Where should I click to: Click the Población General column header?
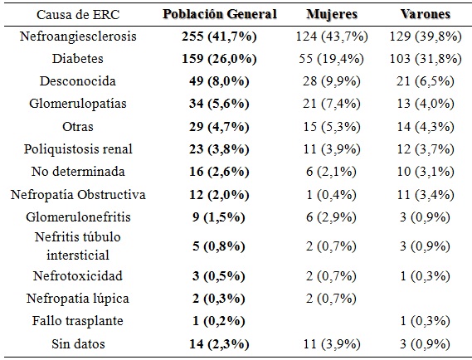(x=220, y=14)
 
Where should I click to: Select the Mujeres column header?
(x=332, y=14)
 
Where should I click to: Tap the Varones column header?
(x=425, y=14)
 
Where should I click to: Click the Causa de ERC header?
(x=78, y=14)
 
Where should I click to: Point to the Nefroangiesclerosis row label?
(x=78, y=36)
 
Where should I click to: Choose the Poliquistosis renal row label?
(x=78, y=149)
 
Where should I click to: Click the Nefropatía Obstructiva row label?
(x=78, y=194)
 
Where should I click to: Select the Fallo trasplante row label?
(x=78, y=320)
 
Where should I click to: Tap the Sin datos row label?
(x=78, y=343)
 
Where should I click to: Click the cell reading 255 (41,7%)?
(x=219, y=36)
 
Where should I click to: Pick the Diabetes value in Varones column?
(x=426, y=59)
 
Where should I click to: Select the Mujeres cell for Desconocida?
(x=332, y=81)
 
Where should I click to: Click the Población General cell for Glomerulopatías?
(x=219, y=104)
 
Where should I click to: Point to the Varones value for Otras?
(x=426, y=126)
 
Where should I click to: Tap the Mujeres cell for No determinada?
(x=332, y=172)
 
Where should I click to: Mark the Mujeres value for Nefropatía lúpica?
(x=332, y=299)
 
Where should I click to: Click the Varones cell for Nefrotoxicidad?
(x=425, y=276)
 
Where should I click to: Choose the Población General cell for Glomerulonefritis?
(x=219, y=217)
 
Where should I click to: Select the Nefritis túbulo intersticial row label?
(x=78, y=246)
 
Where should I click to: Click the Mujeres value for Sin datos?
(x=332, y=343)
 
